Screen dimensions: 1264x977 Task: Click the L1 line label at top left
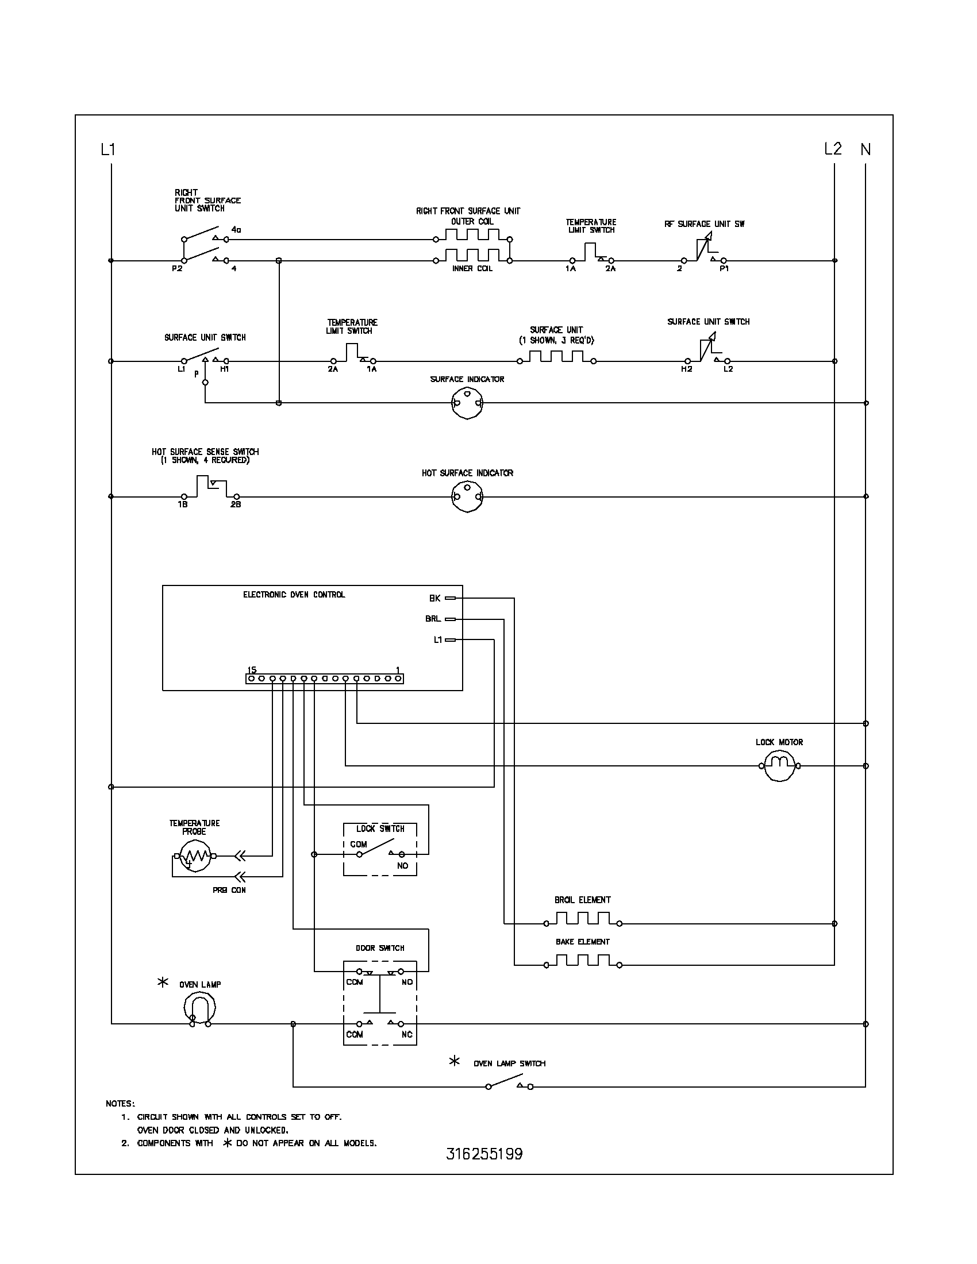pyautogui.click(x=108, y=150)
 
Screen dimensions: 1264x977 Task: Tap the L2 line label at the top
pyautogui.click(x=833, y=149)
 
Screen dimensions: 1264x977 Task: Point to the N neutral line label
pyautogui.click(x=866, y=150)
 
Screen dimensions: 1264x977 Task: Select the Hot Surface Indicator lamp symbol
pyautogui.click(x=467, y=496)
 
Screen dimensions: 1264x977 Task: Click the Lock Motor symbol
pyautogui.click(x=779, y=766)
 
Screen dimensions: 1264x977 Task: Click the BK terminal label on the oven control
pyautogui.click(x=434, y=598)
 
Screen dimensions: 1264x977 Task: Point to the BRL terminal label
pyautogui.click(x=433, y=619)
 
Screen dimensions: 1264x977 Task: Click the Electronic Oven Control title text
pyautogui.click(x=294, y=595)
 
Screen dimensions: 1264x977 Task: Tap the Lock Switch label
pyautogui.click(x=380, y=828)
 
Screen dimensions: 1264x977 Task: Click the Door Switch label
pyautogui.click(x=380, y=948)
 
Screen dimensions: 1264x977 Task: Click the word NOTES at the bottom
pyautogui.click(x=120, y=1104)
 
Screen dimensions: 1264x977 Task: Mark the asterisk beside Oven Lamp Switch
pyautogui.click(x=455, y=1061)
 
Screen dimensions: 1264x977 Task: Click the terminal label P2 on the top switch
pyautogui.click(x=177, y=268)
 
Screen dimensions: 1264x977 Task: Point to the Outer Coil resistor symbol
pyautogui.click(x=472, y=234)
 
